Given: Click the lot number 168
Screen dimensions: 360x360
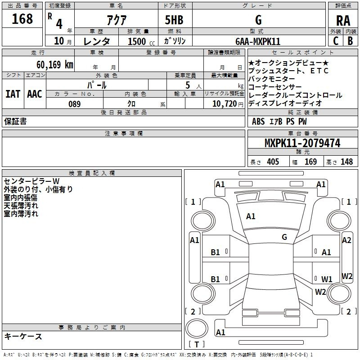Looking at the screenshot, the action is point(22,19).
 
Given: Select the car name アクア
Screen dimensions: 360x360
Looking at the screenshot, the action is point(117,20).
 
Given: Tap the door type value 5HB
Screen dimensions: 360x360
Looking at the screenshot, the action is point(174,20).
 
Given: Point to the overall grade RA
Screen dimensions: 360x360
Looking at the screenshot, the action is point(343,21).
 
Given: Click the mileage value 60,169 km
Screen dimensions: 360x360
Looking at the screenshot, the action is point(55,65).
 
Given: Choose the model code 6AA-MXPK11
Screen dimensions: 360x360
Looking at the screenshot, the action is point(258,41).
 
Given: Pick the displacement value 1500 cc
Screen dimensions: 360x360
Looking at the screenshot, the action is point(141,42).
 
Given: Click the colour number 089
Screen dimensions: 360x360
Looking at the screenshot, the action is point(74,104).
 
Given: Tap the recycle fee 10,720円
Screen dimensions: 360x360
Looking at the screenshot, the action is point(228,104).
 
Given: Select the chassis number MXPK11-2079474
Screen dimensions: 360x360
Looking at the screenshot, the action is point(302,143).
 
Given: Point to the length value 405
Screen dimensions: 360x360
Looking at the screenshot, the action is point(273,162).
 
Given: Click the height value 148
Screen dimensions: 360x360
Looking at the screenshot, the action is point(346,162).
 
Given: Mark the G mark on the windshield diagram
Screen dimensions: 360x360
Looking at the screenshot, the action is point(284,237).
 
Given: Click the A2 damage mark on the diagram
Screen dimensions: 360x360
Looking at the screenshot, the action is point(346,240).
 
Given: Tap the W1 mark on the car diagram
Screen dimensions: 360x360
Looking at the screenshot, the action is point(327,279).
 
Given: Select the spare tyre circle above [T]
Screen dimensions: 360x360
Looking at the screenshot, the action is point(197,328).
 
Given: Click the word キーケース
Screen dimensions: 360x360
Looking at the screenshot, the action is point(23,336).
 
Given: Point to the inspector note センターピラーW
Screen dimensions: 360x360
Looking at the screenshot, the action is point(31,181).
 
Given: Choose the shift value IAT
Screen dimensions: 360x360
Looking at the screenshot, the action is point(13,94).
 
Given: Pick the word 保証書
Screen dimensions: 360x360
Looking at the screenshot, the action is point(15,121).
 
